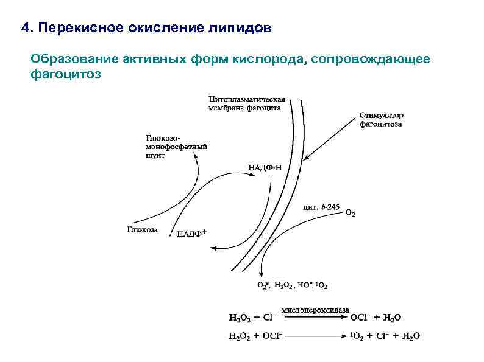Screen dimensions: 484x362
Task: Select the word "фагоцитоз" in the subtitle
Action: click(x=65, y=75)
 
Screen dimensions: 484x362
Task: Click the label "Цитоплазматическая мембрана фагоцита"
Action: click(x=246, y=103)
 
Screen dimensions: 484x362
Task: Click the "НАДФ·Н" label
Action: click(x=265, y=168)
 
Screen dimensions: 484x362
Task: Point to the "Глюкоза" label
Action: click(x=143, y=229)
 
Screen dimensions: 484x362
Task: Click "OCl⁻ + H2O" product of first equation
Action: click(x=375, y=318)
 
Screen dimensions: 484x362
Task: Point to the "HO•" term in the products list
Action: click(x=304, y=285)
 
